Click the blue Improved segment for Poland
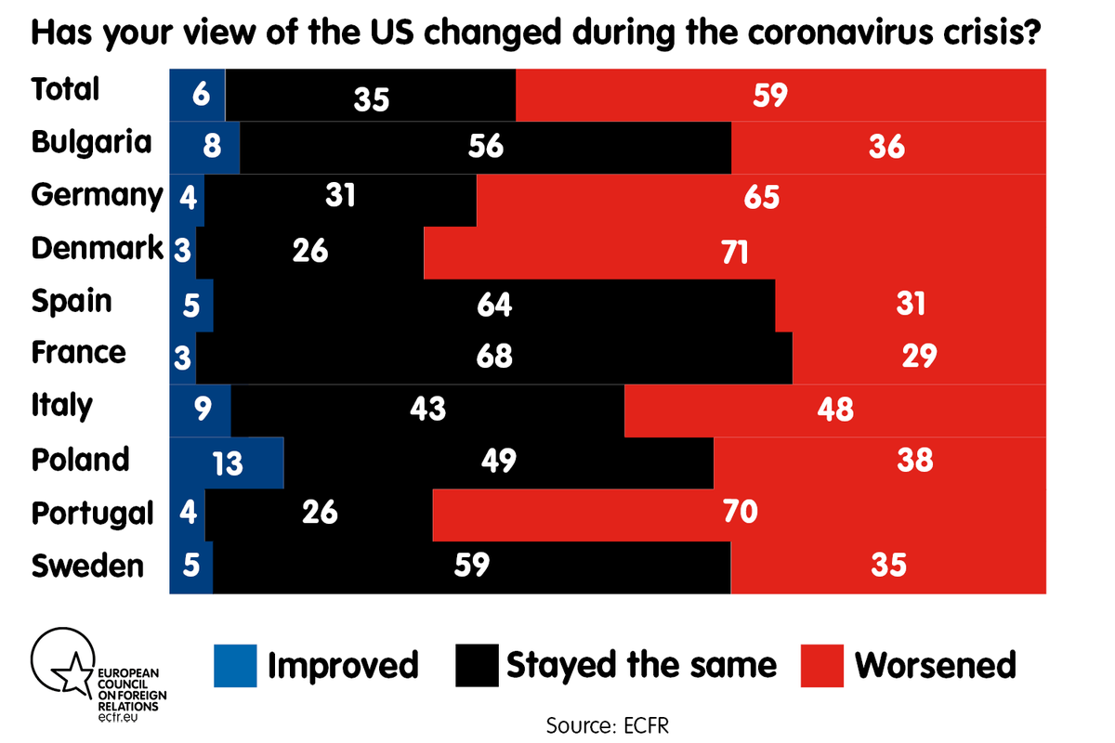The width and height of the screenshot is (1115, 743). coord(226,462)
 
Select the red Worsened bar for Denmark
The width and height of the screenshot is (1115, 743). coord(734,251)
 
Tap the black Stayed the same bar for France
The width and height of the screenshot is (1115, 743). coord(493,357)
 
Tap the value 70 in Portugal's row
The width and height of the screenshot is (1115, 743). coord(736,512)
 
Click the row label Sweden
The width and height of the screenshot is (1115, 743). coord(87,566)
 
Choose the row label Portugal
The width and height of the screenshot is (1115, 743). coord(92,513)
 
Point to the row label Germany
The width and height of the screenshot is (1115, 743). coord(97,196)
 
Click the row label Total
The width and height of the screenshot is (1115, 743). coord(65,90)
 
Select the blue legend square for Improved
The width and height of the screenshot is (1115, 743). coord(235,665)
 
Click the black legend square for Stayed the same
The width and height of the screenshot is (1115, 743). coord(477,665)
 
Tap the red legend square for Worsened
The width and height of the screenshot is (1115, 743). coord(821,665)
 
